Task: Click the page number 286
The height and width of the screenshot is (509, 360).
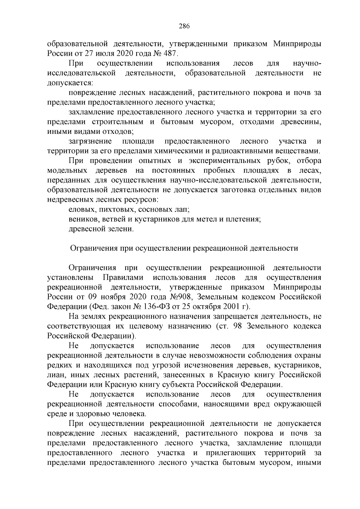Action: click(184, 26)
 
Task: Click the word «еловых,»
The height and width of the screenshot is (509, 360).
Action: click(79, 209)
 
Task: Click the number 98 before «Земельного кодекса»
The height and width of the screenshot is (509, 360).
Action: click(238, 327)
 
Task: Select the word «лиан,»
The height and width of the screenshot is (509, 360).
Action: click(55, 375)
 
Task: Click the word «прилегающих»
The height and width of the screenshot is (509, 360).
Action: click(231, 453)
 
